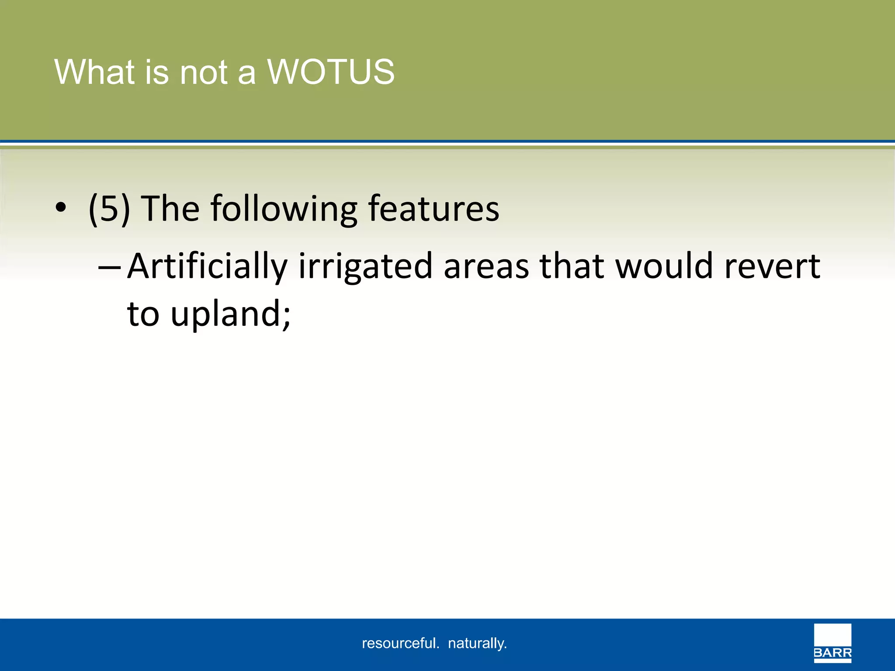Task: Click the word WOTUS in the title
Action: point(331,72)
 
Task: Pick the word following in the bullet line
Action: point(284,209)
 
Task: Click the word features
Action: point(434,209)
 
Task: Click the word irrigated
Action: point(365,266)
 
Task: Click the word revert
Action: point(772,266)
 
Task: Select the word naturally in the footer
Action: point(477,643)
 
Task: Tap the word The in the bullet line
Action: point(171,209)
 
